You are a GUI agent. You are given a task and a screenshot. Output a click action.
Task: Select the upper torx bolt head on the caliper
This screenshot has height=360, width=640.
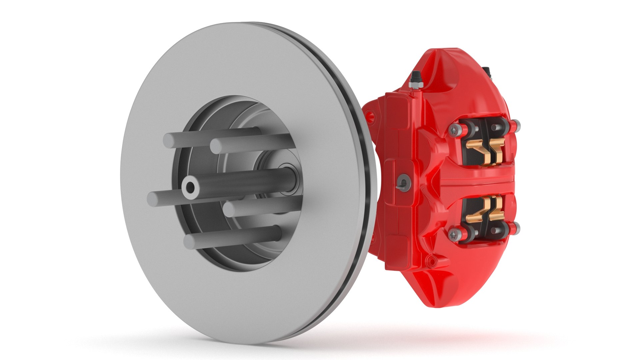coord(455,130)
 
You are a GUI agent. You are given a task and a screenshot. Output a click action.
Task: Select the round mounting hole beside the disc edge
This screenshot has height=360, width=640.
coord(369,116)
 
